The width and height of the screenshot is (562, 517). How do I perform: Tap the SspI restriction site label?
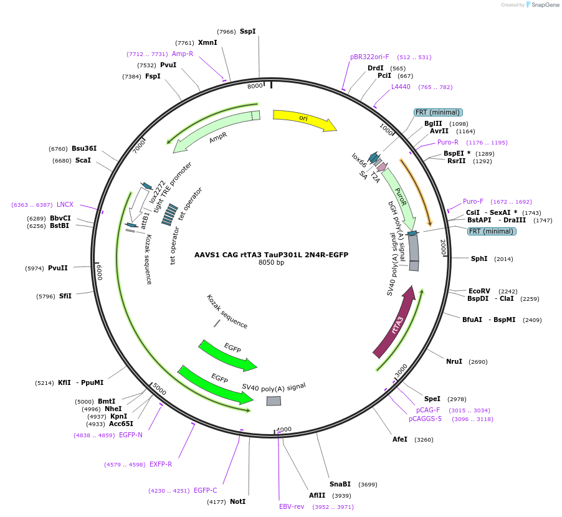[247, 31]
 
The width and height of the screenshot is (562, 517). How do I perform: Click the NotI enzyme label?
[237, 501]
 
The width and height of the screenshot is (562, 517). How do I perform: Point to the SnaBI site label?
[340, 484]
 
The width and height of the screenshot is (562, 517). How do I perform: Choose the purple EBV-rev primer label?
[292, 506]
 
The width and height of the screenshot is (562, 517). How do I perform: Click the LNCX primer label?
[65, 204]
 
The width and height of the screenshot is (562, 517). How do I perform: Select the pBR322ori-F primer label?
[369, 57]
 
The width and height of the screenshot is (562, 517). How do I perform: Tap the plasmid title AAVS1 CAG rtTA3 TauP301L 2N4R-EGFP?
[271, 254]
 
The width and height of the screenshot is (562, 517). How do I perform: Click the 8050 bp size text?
[271, 262]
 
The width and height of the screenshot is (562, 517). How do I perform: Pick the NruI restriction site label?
[454, 361]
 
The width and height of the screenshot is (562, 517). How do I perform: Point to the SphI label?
[479, 258]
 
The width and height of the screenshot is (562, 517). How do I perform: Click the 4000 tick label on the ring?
[283, 429]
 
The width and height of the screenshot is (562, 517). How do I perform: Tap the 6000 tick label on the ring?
[99, 272]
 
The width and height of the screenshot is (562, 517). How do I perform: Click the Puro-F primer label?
[473, 201]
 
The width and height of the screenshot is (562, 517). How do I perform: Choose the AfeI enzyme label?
[400, 439]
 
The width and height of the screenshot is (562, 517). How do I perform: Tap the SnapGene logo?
[540, 5]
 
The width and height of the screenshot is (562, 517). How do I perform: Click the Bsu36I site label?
[84, 148]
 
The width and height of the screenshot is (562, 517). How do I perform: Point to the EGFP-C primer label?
[206, 490]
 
